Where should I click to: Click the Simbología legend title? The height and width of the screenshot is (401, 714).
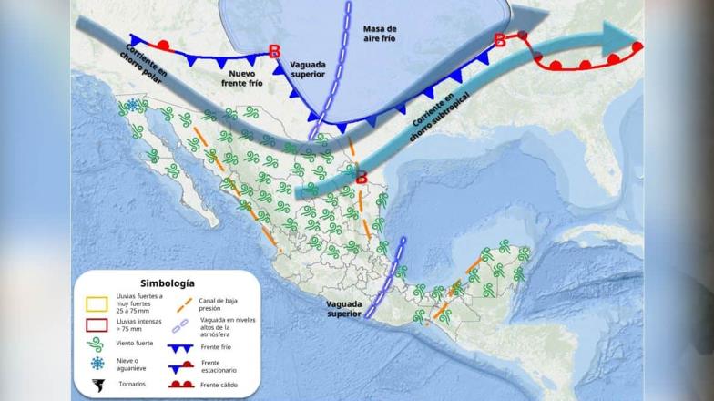[x=168, y=283]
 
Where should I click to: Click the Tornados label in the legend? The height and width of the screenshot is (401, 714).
[x=132, y=383]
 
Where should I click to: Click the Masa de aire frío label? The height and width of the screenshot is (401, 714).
[x=379, y=35]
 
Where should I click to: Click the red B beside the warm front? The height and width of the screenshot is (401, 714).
[x=499, y=39]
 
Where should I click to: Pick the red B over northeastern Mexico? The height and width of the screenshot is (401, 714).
[x=361, y=179]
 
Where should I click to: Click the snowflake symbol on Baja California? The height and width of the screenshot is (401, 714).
[x=132, y=105]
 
